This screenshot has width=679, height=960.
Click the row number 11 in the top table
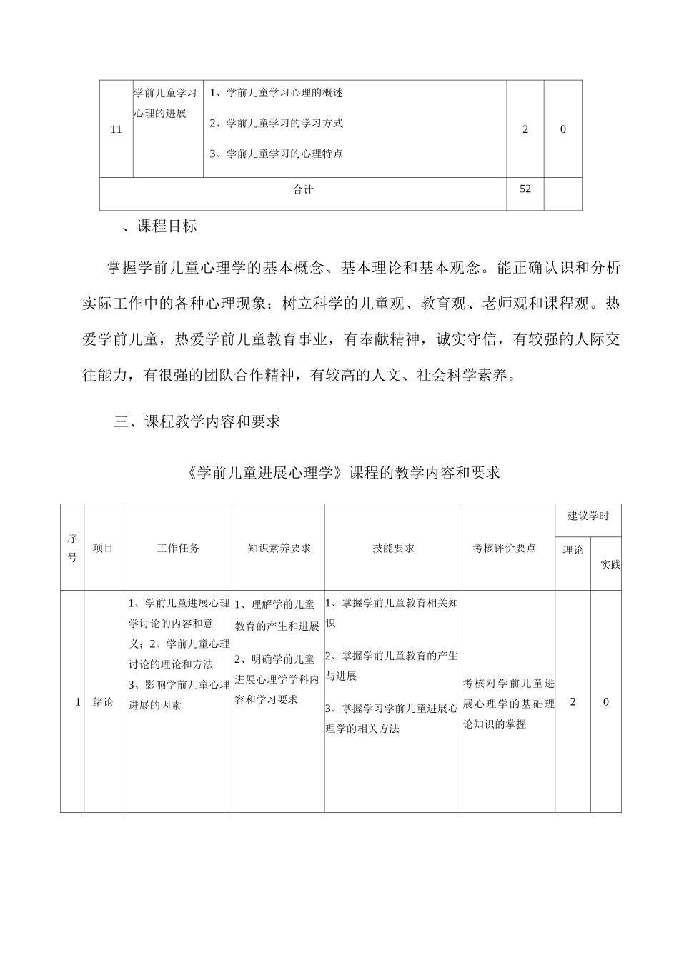(x=117, y=129)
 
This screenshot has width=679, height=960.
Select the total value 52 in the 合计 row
(x=525, y=189)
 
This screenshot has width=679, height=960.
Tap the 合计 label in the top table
(x=303, y=189)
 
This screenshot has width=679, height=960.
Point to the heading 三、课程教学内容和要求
(x=197, y=421)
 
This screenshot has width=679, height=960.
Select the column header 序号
(x=72, y=548)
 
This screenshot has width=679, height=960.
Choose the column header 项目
(x=103, y=548)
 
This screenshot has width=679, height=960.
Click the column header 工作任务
(x=178, y=548)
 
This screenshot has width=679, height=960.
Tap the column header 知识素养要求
(x=279, y=548)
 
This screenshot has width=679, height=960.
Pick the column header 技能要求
(x=393, y=548)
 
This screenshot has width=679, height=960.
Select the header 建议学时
(x=588, y=516)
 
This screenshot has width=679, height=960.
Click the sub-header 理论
(x=573, y=550)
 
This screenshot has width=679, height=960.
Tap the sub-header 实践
(x=610, y=564)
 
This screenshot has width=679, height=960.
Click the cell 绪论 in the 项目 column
(x=103, y=702)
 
